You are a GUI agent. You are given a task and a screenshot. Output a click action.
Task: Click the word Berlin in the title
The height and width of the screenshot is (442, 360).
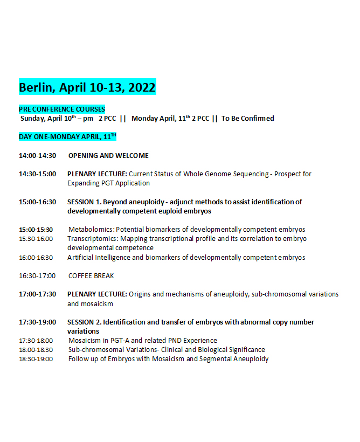37,87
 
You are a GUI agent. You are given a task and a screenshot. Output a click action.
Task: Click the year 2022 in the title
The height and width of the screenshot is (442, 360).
141,87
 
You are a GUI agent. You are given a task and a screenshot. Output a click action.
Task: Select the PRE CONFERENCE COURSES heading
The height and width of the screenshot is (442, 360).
62,109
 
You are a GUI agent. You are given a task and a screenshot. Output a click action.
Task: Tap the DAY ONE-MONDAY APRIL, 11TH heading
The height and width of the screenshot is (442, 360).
67,137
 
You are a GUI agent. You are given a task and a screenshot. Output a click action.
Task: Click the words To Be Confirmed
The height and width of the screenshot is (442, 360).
248,118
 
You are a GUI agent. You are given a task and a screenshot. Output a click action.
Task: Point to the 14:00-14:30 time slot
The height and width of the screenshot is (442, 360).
37,156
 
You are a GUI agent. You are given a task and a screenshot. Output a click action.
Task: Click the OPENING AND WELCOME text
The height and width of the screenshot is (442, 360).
108,156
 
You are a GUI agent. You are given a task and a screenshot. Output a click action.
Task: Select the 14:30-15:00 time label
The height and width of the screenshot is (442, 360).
37,174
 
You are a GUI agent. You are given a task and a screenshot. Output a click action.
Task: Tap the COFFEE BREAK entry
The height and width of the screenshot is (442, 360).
91,276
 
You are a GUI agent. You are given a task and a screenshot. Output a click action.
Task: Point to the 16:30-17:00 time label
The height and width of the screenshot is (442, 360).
37,276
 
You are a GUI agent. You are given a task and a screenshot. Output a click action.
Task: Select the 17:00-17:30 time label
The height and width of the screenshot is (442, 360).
37,294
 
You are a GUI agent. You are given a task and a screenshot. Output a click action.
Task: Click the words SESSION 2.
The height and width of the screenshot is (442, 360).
84,322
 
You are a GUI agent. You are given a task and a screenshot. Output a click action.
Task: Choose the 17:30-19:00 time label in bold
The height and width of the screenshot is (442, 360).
37,322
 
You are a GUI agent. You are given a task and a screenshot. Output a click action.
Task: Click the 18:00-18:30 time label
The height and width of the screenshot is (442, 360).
36,350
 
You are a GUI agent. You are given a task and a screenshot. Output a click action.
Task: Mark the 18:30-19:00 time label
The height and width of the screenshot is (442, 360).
36,359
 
